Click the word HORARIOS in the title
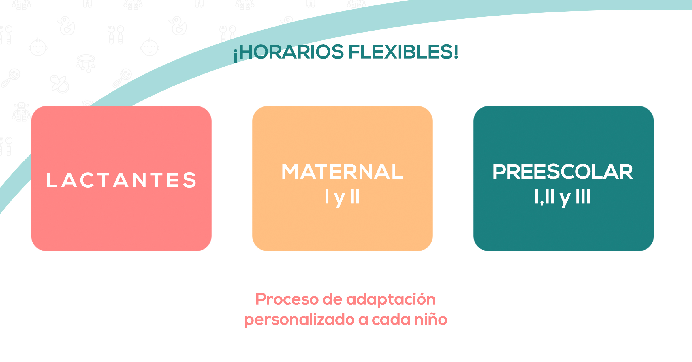(292, 52)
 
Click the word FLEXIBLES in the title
(401, 52)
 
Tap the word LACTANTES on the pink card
(121, 180)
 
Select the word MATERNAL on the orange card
(342, 171)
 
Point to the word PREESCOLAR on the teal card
(563, 171)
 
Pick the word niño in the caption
(431, 319)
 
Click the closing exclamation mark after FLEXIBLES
(456, 52)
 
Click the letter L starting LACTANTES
(52, 180)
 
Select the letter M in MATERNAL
(291, 171)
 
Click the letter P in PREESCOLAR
(499, 171)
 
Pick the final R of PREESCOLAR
(626, 171)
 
